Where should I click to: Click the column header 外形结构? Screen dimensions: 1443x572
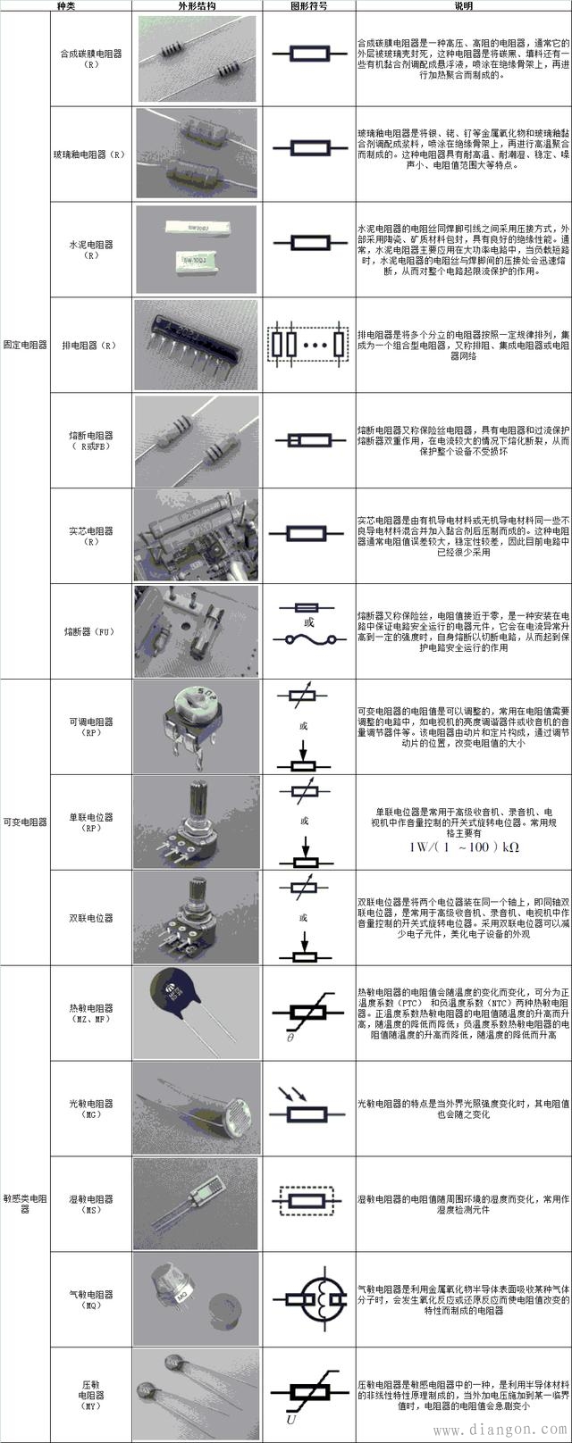197,5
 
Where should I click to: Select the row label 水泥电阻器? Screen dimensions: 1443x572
90,248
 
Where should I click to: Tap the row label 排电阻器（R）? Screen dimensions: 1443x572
90,346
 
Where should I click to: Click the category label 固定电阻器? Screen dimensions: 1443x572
24,345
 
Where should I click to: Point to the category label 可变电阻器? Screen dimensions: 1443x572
24,822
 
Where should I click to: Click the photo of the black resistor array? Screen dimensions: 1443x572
197,344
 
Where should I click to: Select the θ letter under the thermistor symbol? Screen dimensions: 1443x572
290,1038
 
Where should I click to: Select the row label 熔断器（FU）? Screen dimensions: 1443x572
90,631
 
